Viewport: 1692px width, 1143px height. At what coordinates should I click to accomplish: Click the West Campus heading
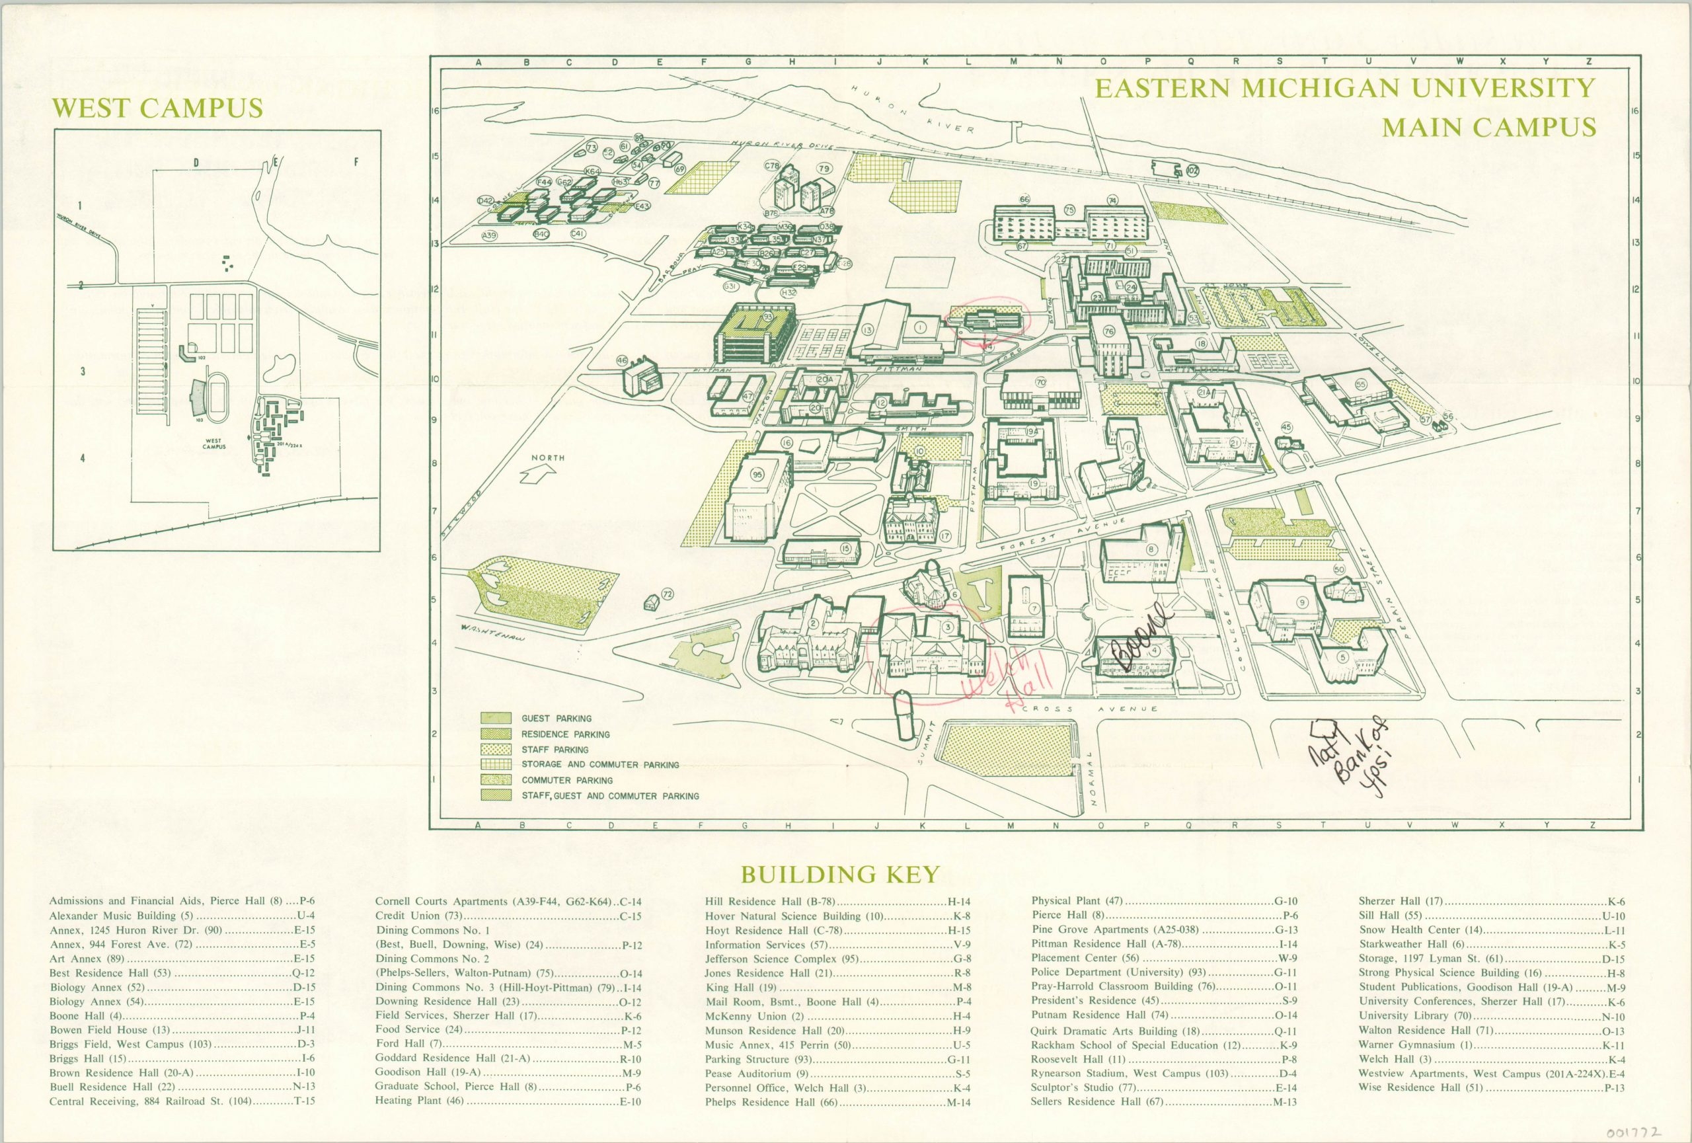158,108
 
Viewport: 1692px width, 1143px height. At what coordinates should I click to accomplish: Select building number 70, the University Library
1040,381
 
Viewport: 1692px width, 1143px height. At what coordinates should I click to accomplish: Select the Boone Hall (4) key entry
182,1015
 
